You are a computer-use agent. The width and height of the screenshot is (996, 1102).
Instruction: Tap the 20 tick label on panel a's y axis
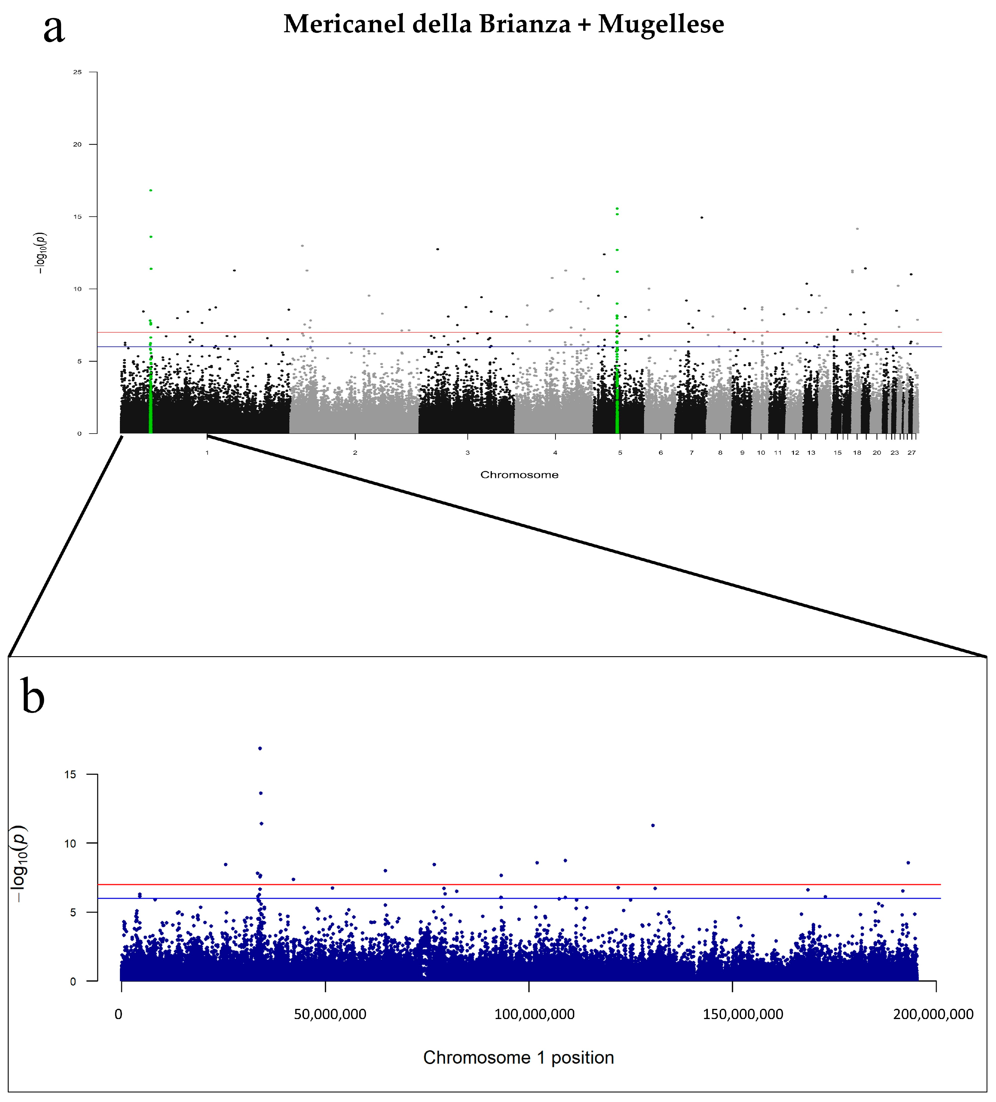point(78,144)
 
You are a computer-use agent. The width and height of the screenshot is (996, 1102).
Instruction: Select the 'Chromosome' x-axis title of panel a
point(519,474)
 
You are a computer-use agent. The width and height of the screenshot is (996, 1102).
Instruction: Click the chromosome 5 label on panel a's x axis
point(620,453)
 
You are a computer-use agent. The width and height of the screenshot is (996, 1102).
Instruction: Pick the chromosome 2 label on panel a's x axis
point(355,453)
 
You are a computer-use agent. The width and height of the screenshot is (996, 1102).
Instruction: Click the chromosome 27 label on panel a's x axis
point(911,453)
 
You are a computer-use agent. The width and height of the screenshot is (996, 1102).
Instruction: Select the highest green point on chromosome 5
point(617,208)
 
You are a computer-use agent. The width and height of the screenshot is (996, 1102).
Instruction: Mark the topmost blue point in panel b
point(260,748)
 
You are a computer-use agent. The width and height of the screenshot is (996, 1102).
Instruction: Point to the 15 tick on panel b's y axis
point(70,775)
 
